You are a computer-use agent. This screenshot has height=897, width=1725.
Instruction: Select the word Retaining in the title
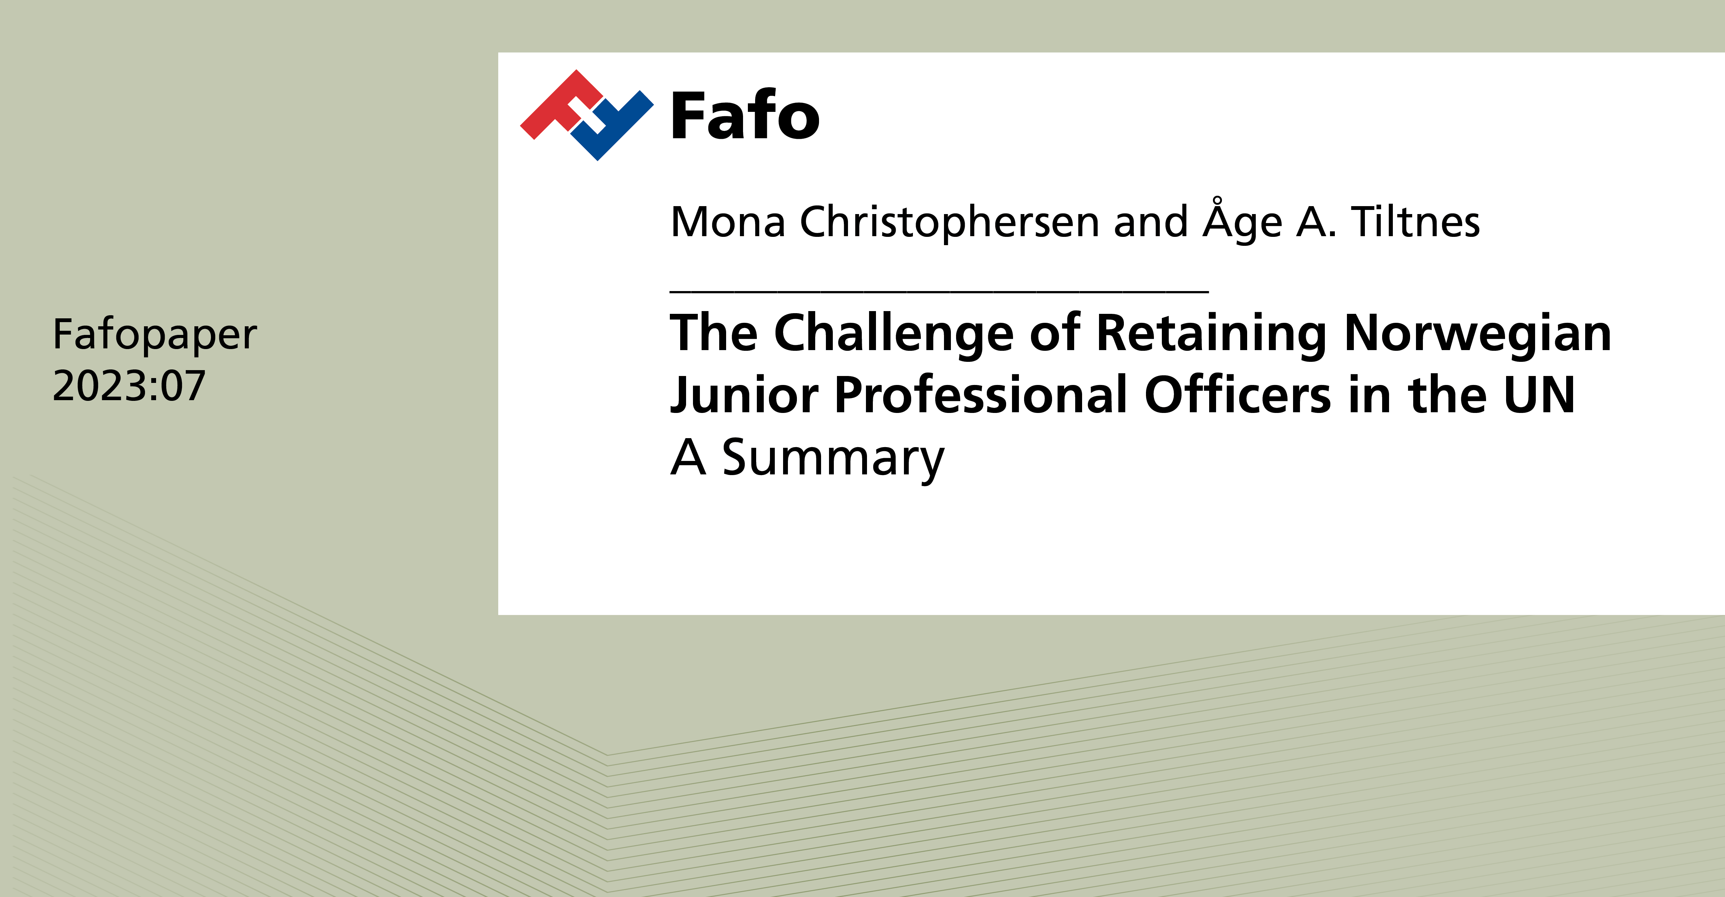[x=1211, y=334]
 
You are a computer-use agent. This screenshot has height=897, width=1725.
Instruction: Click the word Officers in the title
[x=1237, y=395]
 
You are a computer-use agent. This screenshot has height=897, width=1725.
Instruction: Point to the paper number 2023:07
[x=128, y=386]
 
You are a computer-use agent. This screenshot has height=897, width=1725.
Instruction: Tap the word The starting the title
[x=714, y=334]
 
